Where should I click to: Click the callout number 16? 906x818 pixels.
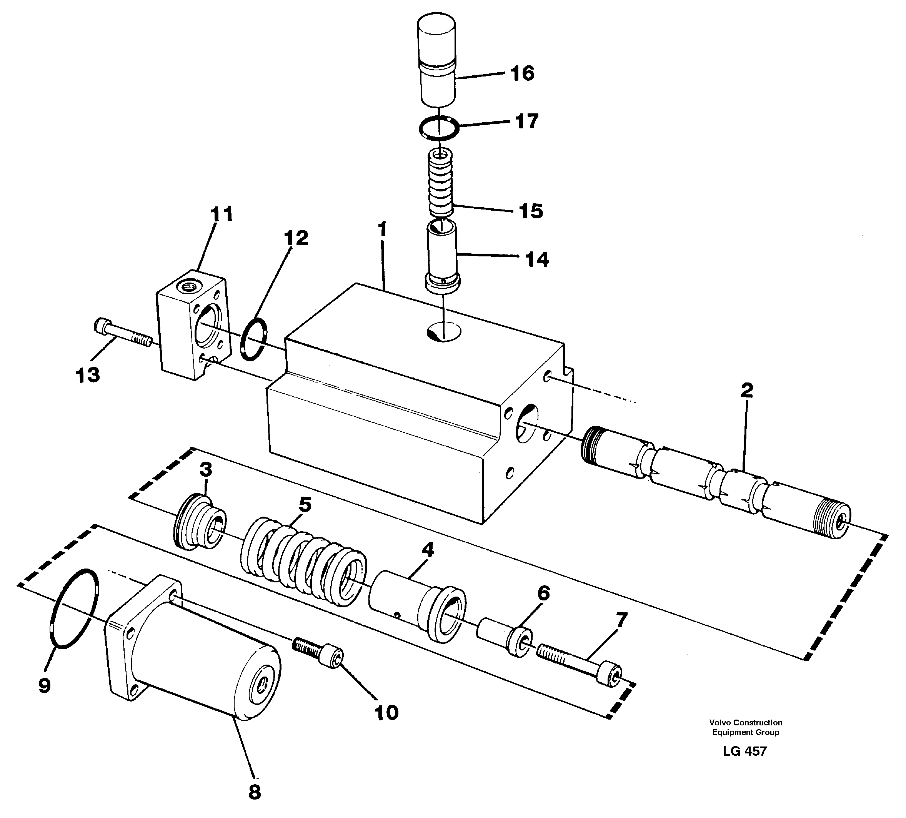(x=522, y=73)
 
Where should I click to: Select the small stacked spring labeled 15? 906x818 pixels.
(x=440, y=184)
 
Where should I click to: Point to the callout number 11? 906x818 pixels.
(x=222, y=214)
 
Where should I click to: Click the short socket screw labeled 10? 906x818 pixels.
(x=318, y=653)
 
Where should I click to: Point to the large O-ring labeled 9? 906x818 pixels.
(x=75, y=609)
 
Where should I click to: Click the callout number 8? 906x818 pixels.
(x=254, y=792)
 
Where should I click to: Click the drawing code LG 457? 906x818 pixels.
(x=744, y=751)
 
